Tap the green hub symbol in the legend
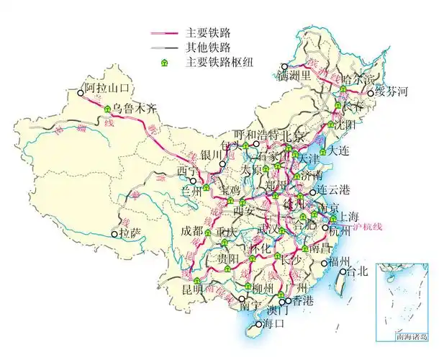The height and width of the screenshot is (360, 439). pyautogui.click(x=165, y=63)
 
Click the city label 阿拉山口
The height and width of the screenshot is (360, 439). pyautogui.click(x=107, y=89)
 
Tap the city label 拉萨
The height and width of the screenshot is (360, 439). pyautogui.click(x=130, y=234)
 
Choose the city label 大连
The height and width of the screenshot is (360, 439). pyautogui.click(x=342, y=151)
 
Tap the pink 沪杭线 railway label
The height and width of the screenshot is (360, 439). pyautogui.click(x=367, y=227)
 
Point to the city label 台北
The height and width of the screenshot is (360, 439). pyautogui.click(x=358, y=271)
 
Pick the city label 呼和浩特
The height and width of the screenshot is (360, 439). pyautogui.click(x=255, y=135)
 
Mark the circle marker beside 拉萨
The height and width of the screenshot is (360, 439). pyautogui.click(x=114, y=234)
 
